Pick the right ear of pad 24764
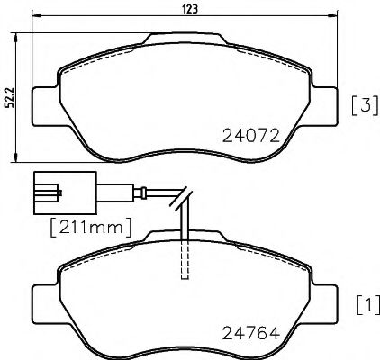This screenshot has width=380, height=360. tap(325, 299)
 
